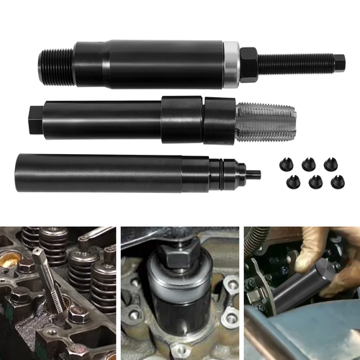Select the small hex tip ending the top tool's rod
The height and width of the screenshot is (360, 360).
pos(339,63)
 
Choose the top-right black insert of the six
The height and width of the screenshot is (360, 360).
pos(331,163)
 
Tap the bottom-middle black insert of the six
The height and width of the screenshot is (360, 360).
pos(315,181)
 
